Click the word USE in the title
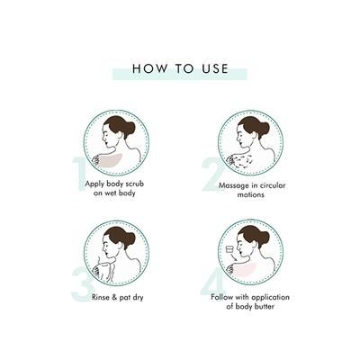(212, 68)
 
